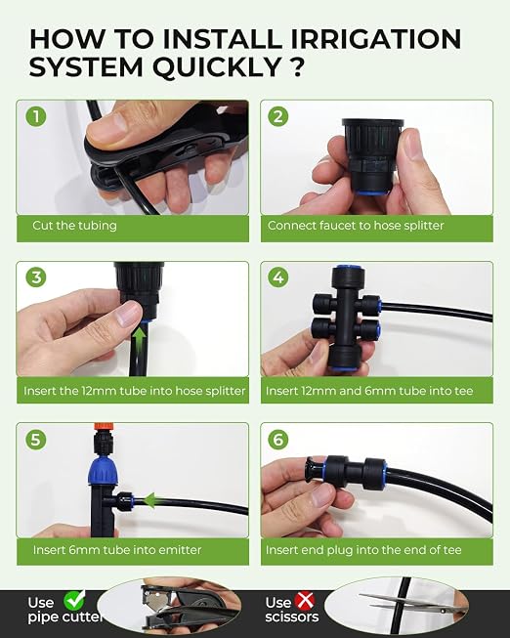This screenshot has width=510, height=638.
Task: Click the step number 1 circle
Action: [36, 117]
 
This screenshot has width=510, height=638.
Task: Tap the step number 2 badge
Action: [278, 117]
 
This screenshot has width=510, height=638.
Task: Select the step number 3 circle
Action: [36, 277]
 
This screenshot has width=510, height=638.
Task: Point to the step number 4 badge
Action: [278, 277]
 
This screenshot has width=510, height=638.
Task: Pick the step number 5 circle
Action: [36, 440]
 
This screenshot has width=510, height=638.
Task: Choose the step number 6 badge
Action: [278, 440]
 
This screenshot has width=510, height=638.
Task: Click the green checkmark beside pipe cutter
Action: [74, 599]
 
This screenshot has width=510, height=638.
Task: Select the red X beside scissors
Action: [305, 601]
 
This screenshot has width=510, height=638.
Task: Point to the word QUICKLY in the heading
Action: [217, 67]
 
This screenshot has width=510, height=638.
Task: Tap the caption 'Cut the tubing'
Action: [74, 226]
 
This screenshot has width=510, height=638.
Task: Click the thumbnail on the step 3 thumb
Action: [128, 313]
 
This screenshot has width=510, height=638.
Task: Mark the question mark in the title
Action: [298, 67]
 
